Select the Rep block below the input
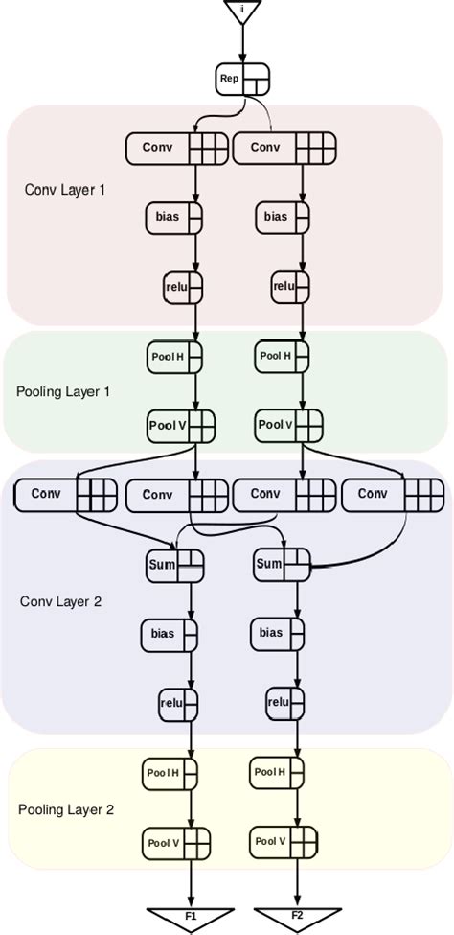point(242,79)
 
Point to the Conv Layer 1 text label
point(65,190)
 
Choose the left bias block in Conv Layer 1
point(173,217)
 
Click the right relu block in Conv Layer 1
point(290,285)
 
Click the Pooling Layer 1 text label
point(63,391)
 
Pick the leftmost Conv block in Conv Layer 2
point(64,495)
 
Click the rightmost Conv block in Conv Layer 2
point(393,495)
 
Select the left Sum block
point(174,564)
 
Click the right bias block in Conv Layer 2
point(278,633)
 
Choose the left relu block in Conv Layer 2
point(178,702)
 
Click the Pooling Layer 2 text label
point(66,809)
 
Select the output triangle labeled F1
point(190,917)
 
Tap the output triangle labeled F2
point(299,917)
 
